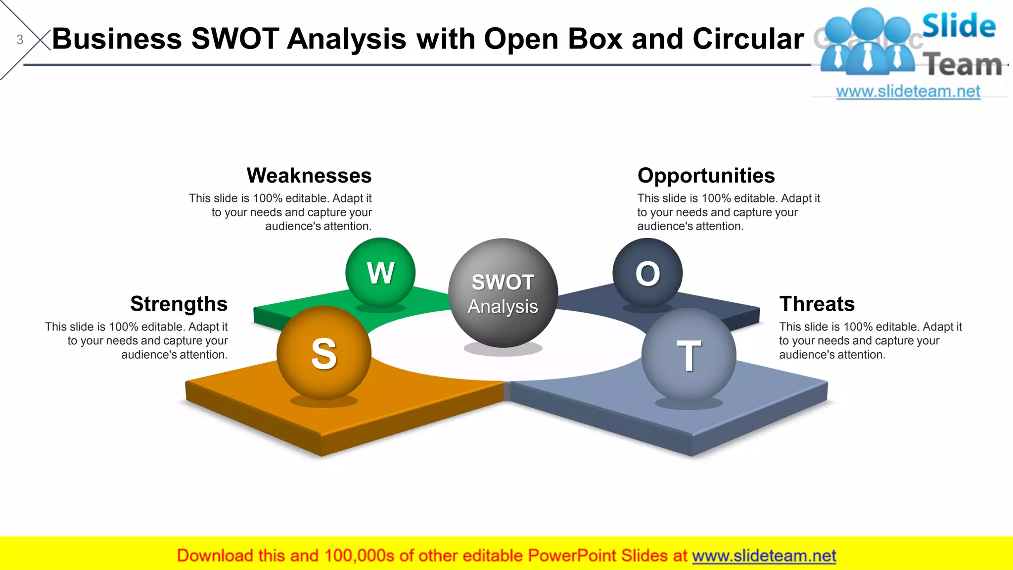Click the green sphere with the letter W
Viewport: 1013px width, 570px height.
click(380, 273)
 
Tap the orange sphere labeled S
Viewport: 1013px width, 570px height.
click(324, 353)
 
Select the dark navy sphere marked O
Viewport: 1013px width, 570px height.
click(647, 273)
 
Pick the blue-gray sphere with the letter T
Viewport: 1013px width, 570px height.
click(689, 355)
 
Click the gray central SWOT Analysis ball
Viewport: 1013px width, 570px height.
click(503, 293)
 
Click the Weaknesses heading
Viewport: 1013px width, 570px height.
click(309, 176)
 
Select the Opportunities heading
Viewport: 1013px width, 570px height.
click(706, 176)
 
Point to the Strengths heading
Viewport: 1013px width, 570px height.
click(179, 304)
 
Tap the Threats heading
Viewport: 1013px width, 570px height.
click(817, 304)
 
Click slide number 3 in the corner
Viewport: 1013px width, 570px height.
click(20, 40)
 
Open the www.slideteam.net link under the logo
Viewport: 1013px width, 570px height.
click(908, 92)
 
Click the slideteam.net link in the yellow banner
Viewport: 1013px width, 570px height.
click(764, 556)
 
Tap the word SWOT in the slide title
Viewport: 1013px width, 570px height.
click(235, 39)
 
